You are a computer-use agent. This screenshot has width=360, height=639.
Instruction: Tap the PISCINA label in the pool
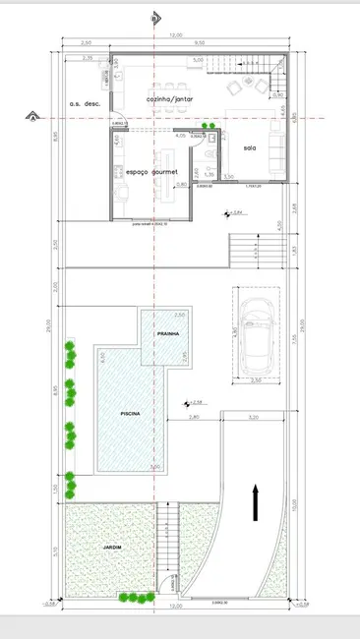tap(130, 414)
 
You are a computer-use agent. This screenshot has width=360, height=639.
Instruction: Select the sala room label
tap(252, 147)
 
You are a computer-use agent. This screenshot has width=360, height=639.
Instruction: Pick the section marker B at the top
tap(153, 17)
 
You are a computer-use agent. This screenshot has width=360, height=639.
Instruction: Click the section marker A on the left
tap(33, 119)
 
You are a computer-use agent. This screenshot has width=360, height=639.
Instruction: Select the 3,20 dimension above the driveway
tap(254, 418)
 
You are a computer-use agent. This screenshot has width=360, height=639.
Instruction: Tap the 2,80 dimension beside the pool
tap(195, 418)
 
